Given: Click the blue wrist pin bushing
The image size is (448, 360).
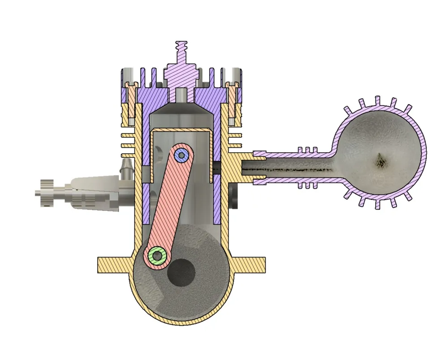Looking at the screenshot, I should [x=181, y=155].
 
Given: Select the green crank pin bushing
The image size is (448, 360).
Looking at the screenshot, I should [x=157, y=255].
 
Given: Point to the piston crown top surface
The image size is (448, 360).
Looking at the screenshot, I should [x=181, y=130].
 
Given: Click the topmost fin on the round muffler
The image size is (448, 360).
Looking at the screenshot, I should [x=378, y=101].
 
